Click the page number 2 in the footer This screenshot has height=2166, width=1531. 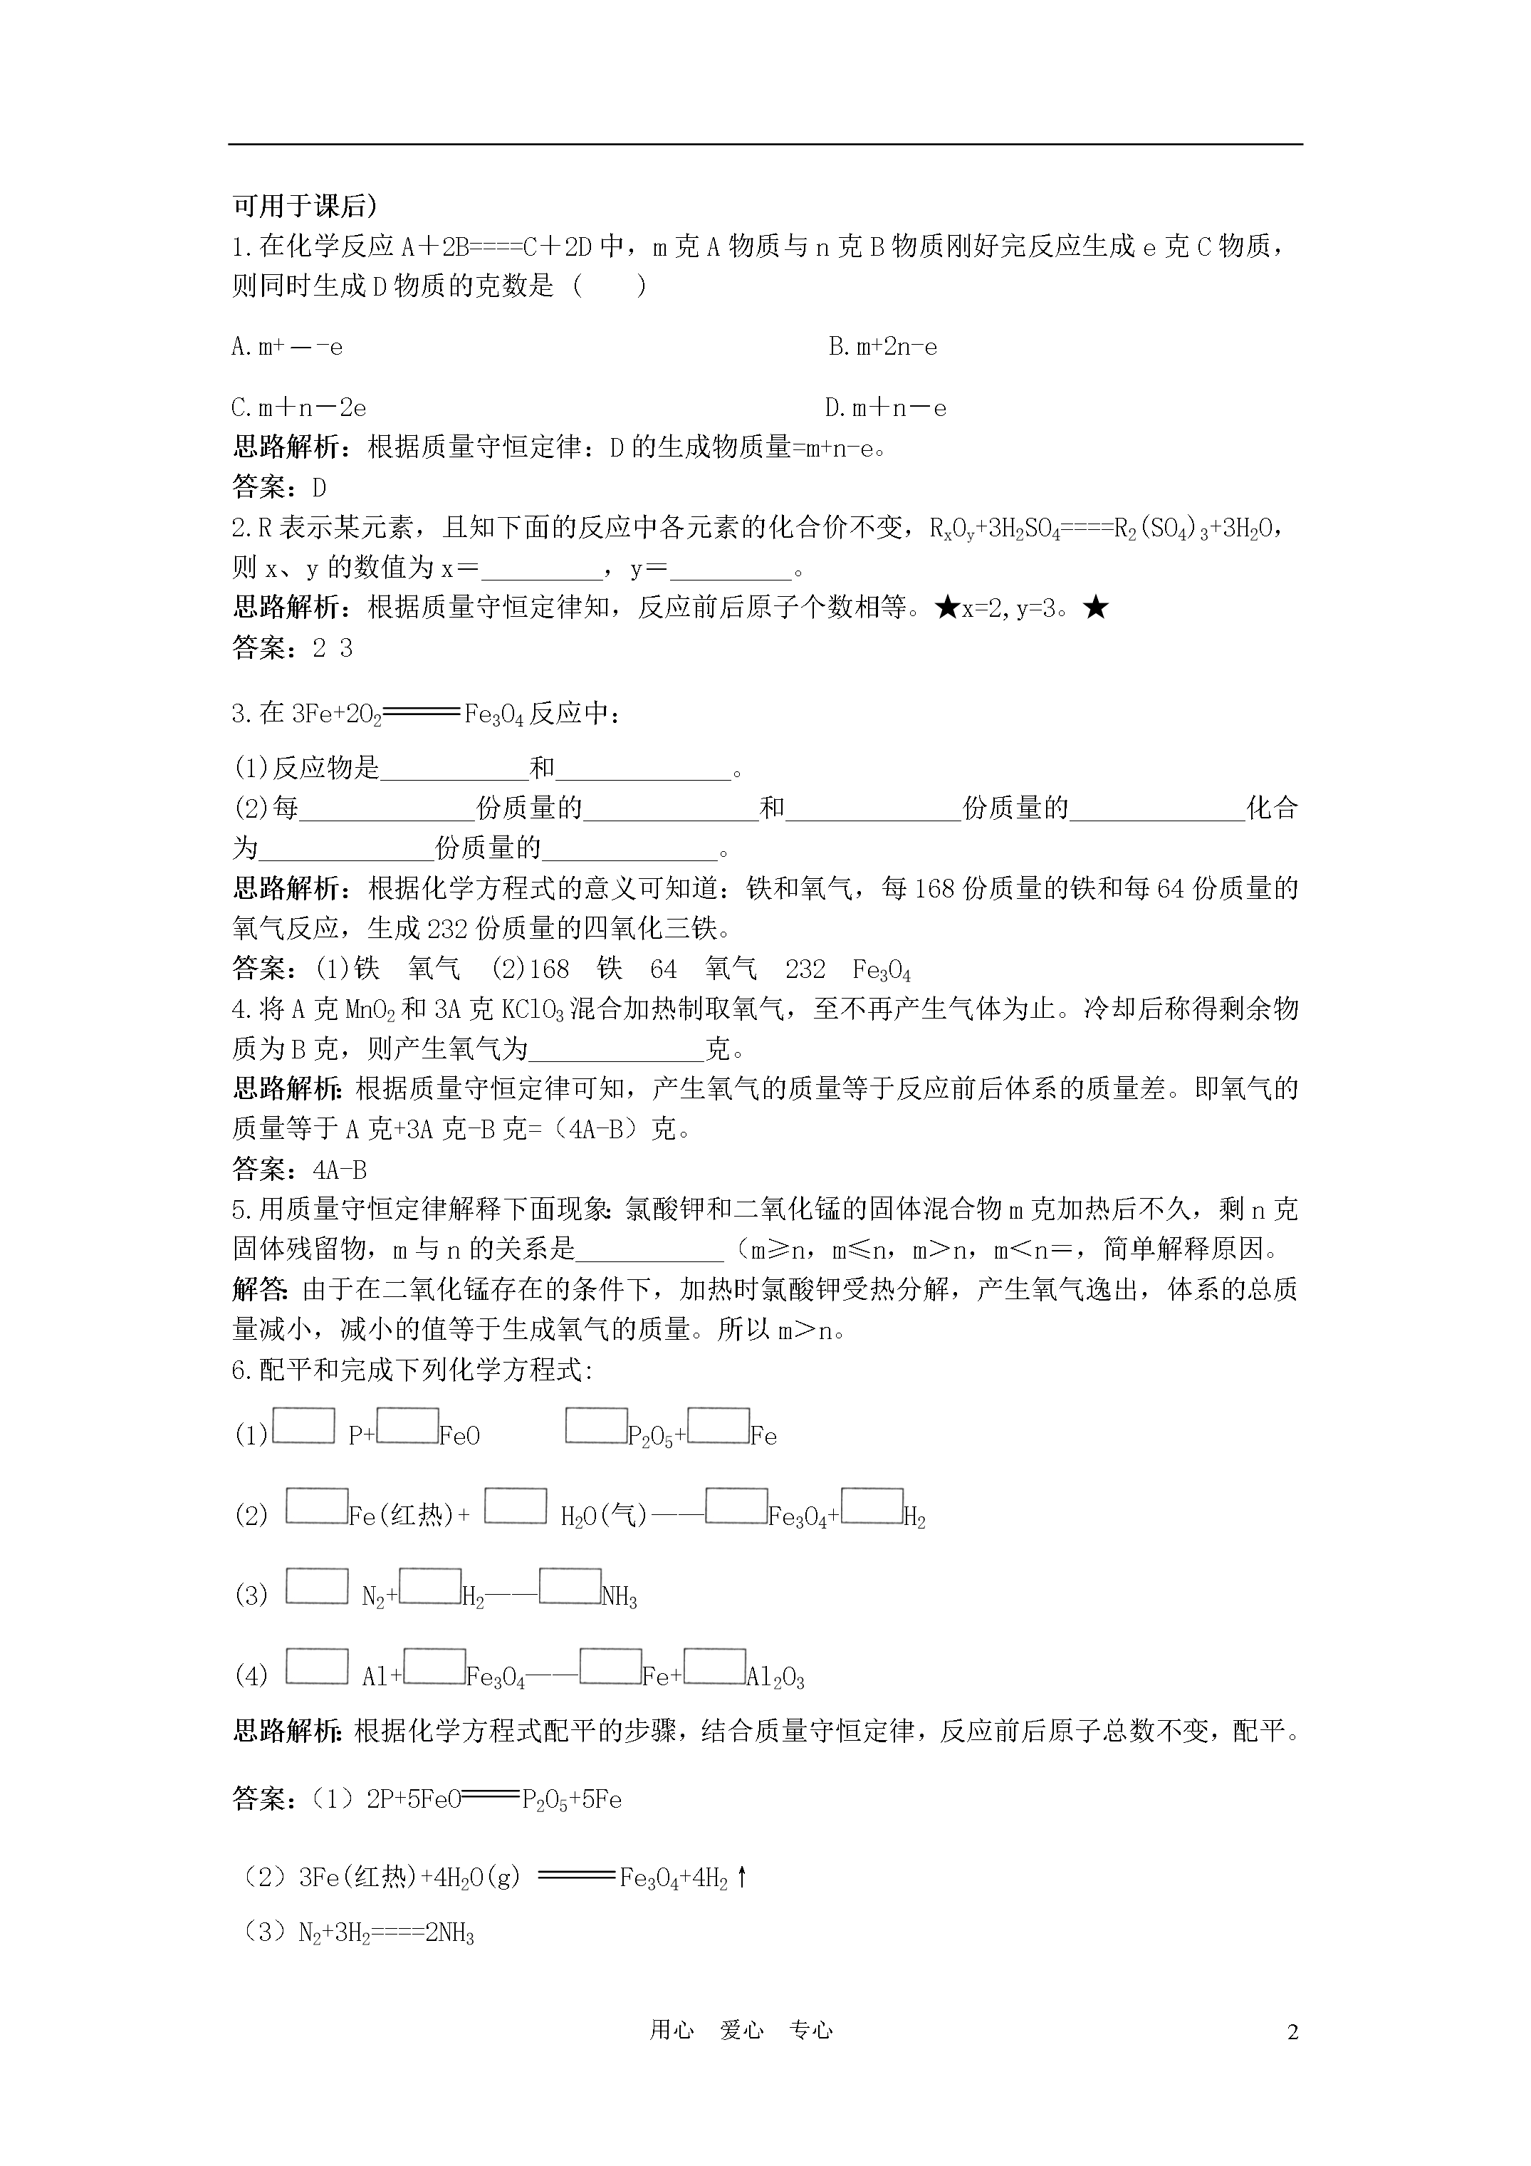1292,2032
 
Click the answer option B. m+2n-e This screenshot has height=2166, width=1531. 883,347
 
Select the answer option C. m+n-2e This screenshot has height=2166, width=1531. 299,408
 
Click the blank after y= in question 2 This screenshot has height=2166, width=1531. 731,569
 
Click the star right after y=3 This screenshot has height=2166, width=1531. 1095,608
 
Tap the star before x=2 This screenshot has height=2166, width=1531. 946,608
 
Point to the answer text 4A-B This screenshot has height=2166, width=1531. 339,1170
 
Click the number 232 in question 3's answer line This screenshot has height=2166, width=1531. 805,970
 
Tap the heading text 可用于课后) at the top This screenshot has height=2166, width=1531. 305,206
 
